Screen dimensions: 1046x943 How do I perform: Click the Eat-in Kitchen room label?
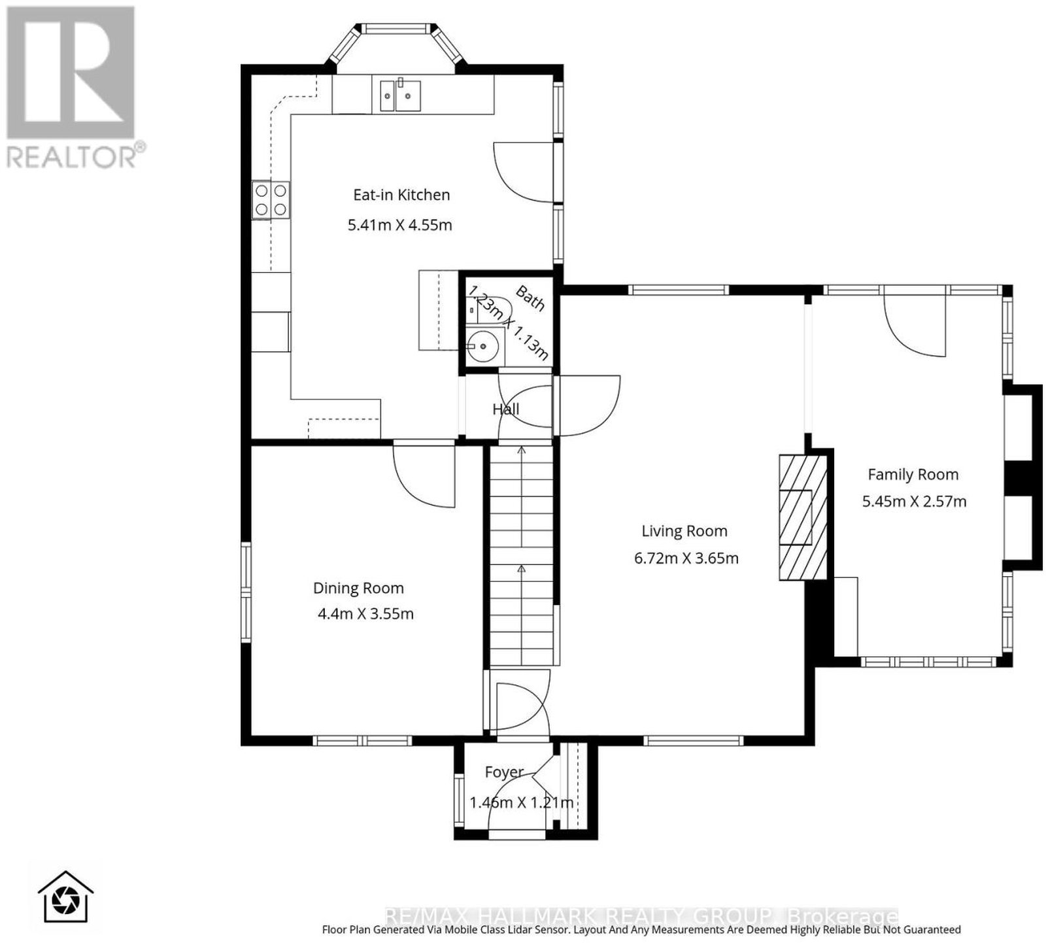(401, 195)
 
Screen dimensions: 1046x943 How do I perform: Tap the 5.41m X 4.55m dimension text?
(400, 225)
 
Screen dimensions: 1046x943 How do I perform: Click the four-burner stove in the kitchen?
(271, 200)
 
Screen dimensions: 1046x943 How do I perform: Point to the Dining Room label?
(358, 588)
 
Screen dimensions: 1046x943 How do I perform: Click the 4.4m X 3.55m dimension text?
(365, 614)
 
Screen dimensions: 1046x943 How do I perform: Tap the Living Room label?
(684, 531)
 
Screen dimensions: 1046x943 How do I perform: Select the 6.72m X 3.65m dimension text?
(686, 558)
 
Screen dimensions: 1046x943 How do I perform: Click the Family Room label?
(913, 475)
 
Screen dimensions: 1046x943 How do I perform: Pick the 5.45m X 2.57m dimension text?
(914, 502)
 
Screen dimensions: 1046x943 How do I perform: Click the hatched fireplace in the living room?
(803, 517)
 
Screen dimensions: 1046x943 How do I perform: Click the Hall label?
(505, 409)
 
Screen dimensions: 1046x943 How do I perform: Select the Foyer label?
(504, 772)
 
